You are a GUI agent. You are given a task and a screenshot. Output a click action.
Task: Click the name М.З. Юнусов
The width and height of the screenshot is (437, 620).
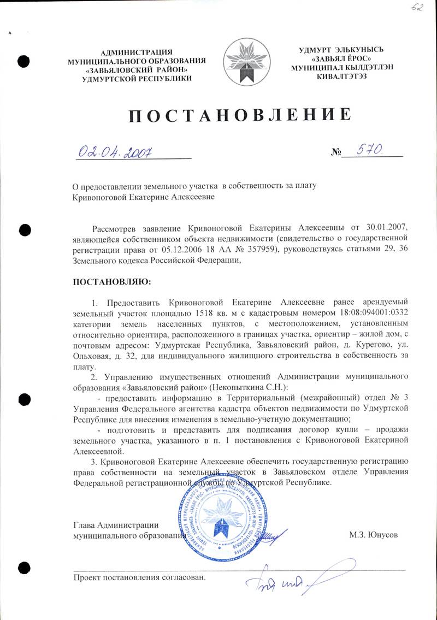tap(373, 535)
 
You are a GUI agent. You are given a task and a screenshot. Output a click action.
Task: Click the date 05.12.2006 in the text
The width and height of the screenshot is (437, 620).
tap(182, 250)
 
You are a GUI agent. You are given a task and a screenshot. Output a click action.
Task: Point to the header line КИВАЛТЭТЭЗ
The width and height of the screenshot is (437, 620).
tap(341, 75)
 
